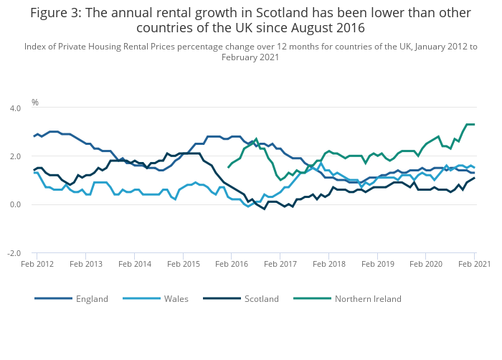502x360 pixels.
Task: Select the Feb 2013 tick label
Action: click(85, 264)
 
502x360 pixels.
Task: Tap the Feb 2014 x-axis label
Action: click(134, 264)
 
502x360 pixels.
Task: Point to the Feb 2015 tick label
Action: click(183, 264)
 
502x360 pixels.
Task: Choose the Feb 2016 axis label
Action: click(232, 264)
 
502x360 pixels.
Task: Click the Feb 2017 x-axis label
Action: click(280, 264)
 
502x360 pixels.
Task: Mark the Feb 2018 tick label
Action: click(329, 264)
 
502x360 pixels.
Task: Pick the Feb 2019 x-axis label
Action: click(378, 264)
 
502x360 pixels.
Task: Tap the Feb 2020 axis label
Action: click(427, 264)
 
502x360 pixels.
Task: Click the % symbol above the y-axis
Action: click(34, 103)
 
